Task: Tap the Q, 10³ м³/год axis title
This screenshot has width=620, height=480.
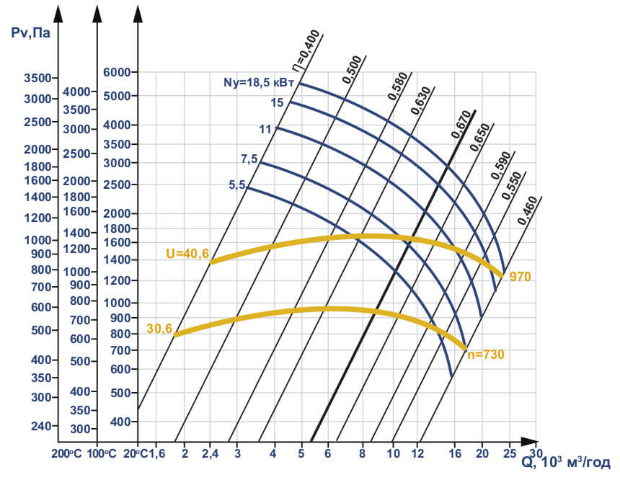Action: coord(566,462)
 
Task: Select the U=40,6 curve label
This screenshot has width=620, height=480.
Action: coord(187,253)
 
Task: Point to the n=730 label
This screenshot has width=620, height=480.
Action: coord(486,355)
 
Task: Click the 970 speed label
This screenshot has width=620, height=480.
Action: coord(520,276)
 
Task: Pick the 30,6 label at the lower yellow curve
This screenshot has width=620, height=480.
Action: coord(159,328)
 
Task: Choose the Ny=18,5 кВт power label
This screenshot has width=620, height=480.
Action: coord(258,83)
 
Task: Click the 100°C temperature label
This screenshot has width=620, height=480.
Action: coord(102,454)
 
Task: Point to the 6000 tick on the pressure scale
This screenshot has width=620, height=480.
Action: coord(118,72)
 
